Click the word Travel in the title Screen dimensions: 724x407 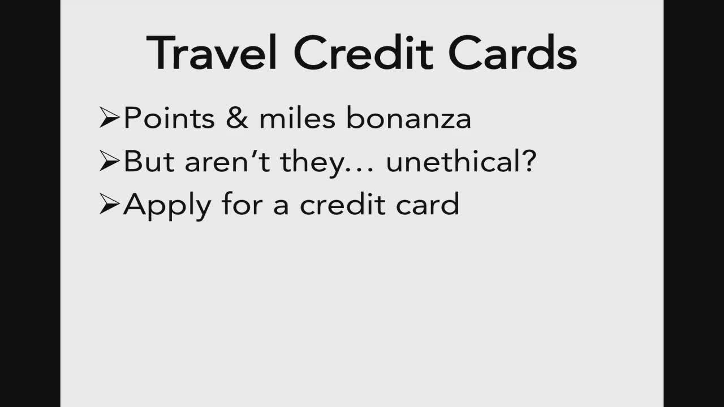(212, 52)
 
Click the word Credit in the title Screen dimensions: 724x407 (363, 52)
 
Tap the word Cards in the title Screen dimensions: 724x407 (512, 52)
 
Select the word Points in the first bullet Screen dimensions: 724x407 (169, 118)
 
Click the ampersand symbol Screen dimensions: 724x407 (237, 118)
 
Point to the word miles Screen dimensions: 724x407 (298, 118)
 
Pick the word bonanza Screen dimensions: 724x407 (409, 118)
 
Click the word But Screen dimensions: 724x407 (149, 161)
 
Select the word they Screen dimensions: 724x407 (311, 163)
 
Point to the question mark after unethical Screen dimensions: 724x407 (531, 161)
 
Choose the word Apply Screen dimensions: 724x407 (167, 206)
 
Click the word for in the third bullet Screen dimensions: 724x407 (242, 203)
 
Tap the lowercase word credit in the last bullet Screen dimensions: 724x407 (343, 203)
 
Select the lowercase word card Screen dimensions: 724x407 (428, 203)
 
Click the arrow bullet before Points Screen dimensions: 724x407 (110, 118)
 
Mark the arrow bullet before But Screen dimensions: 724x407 (110, 161)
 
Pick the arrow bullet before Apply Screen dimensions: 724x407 (110, 204)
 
